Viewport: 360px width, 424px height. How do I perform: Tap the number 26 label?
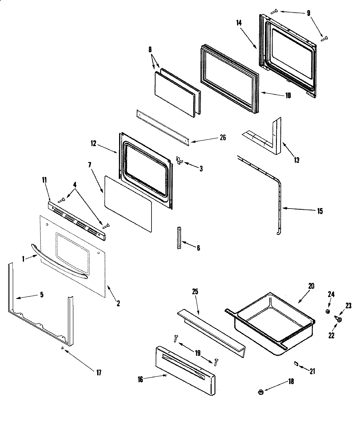(x=223, y=138)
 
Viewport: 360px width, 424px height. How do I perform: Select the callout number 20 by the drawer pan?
(x=311, y=286)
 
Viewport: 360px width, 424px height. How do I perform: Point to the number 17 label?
(x=99, y=373)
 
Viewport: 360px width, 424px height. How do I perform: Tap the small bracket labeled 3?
(x=179, y=161)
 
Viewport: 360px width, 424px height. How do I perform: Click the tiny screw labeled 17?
(x=62, y=348)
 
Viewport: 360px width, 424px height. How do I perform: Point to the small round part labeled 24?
(x=328, y=312)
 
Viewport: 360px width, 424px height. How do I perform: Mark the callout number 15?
(x=320, y=211)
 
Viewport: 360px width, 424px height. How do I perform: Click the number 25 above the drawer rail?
(x=195, y=292)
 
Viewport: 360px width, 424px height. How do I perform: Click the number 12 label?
(x=93, y=144)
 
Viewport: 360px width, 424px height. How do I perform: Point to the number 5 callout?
(x=41, y=295)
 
